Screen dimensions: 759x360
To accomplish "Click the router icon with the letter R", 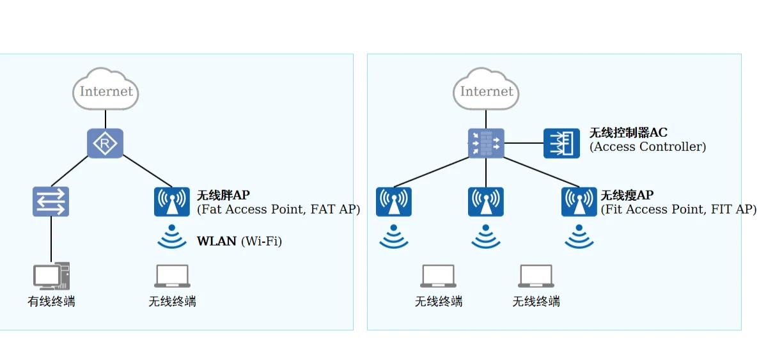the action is pyautogui.click(x=105, y=143).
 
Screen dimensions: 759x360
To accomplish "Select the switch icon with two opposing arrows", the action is pyautogui.click(x=51, y=201).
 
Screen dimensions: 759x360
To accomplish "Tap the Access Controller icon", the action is pyautogui.click(x=561, y=143).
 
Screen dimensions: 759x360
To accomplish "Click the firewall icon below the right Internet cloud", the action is pyautogui.click(x=486, y=143).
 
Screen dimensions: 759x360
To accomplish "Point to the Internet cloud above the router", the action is pyautogui.click(x=106, y=89).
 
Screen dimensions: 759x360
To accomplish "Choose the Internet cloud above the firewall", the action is pyautogui.click(x=486, y=89).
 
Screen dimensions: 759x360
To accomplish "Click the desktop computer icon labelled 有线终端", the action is pyautogui.click(x=51, y=276).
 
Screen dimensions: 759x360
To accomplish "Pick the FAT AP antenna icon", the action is pyautogui.click(x=172, y=202).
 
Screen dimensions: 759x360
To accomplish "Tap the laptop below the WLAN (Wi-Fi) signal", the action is pyautogui.click(x=172, y=276).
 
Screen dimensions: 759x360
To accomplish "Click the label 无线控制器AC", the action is pyautogui.click(x=629, y=132).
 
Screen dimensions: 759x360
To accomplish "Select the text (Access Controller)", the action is pyautogui.click(x=648, y=146).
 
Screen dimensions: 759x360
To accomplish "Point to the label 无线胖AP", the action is pyautogui.click(x=224, y=196).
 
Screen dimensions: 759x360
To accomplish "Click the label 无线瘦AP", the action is pyautogui.click(x=627, y=196).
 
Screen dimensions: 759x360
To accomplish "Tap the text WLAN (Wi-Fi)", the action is pyautogui.click(x=239, y=241).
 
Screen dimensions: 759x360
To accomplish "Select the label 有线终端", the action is pyautogui.click(x=51, y=301).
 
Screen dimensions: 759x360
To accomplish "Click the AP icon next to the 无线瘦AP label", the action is pyautogui.click(x=579, y=202).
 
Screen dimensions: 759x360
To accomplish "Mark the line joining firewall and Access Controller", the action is pyautogui.click(x=524, y=143).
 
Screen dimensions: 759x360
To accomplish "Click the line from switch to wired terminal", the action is pyautogui.click(x=51, y=239).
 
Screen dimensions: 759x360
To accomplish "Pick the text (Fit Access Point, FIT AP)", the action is pyautogui.click(x=678, y=210).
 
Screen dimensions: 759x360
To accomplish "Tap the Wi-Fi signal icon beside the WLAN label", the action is pyautogui.click(x=172, y=237).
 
